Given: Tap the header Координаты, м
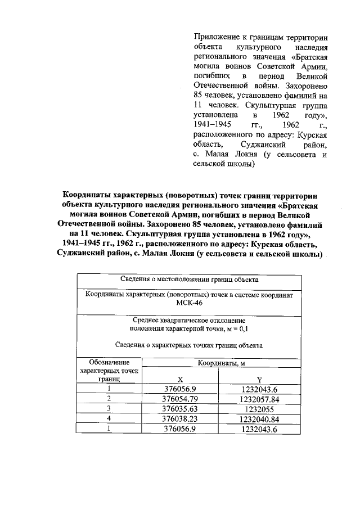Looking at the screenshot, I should [x=221, y=363].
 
